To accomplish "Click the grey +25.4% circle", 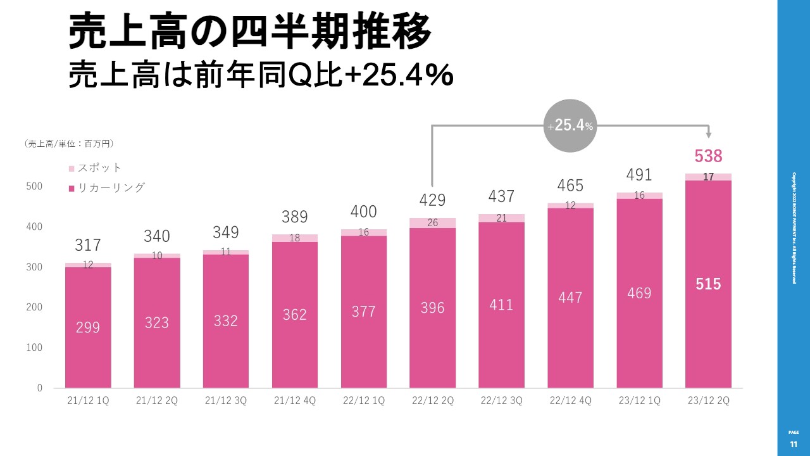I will [570, 126].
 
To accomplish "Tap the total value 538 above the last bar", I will [708, 156].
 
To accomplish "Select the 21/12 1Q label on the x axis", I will [88, 402].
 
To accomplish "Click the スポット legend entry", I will [95, 168].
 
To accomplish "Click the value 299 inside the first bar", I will [88, 327].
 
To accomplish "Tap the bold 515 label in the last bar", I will [708, 284].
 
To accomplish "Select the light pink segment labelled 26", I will [432, 222].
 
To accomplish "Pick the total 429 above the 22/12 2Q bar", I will [432, 200].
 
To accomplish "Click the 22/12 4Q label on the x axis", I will [570, 402].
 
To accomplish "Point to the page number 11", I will [794, 445].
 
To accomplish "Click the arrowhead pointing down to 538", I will [708, 135].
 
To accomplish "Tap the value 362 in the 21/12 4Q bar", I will [294, 314].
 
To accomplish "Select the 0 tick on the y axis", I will [39, 388].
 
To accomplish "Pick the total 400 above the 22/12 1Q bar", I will [363, 212].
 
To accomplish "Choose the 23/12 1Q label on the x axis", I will [639, 402].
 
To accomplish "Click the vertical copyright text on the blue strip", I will [794, 228].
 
